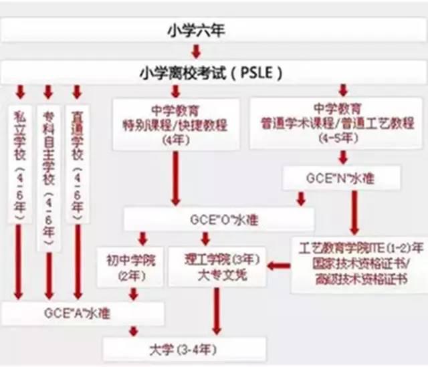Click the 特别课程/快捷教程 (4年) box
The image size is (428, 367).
(176, 124)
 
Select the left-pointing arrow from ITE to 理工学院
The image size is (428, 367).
(280, 265)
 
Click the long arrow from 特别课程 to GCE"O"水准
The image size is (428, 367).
(176, 177)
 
